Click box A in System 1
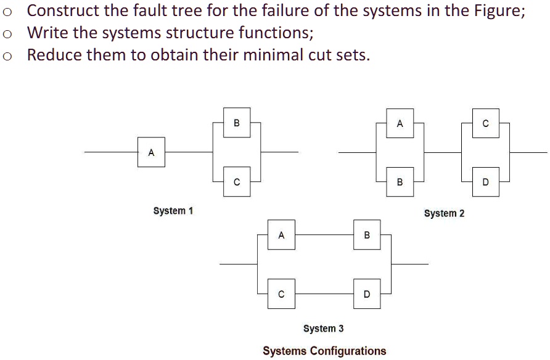[x=152, y=152]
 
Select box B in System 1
[x=237, y=123]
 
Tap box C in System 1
[x=237, y=182]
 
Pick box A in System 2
[x=400, y=123]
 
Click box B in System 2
[x=400, y=182]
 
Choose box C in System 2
[x=485, y=123]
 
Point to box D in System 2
[x=485, y=182]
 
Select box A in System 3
[x=281, y=235]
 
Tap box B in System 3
[x=367, y=235]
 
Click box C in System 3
[x=281, y=294]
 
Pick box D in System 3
[x=367, y=294]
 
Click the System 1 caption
[x=173, y=211]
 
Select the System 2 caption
[x=444, y=213]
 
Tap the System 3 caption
[x=324, y=329]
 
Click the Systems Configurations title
[x=324, y=351]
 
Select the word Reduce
[x=54, y=55]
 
